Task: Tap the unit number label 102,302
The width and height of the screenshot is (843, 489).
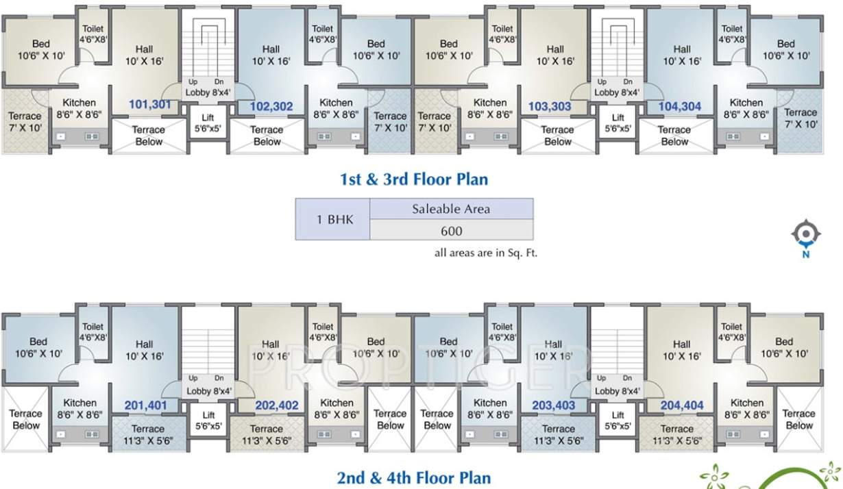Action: point(271,106)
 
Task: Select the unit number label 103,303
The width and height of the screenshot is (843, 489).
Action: point(550,106)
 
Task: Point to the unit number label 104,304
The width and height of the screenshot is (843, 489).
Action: point(679,106)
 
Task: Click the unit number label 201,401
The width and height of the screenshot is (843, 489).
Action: point(145,405)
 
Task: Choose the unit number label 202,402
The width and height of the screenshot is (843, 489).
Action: point(276,405)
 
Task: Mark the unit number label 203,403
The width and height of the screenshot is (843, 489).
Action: point(553,405)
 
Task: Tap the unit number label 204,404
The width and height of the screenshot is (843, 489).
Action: point(682,405)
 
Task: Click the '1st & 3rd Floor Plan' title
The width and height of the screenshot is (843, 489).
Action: point(414,179)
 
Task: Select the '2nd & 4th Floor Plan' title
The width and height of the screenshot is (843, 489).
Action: point(414,477)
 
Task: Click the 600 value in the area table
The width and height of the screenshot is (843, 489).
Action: point(451,231)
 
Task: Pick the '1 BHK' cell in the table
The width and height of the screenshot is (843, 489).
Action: point(332,220)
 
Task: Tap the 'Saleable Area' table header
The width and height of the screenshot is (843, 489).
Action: point(451,209)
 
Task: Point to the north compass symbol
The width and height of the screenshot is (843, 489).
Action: point(806,235)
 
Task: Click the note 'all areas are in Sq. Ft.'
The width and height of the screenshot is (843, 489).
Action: point(486,253)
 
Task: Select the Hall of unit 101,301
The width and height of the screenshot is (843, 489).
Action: point(144,55)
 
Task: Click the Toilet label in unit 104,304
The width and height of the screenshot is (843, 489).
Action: point(732,34)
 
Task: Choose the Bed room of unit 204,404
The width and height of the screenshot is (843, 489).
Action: point(785,347)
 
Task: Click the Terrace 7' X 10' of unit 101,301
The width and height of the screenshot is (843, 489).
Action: point(25,122)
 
